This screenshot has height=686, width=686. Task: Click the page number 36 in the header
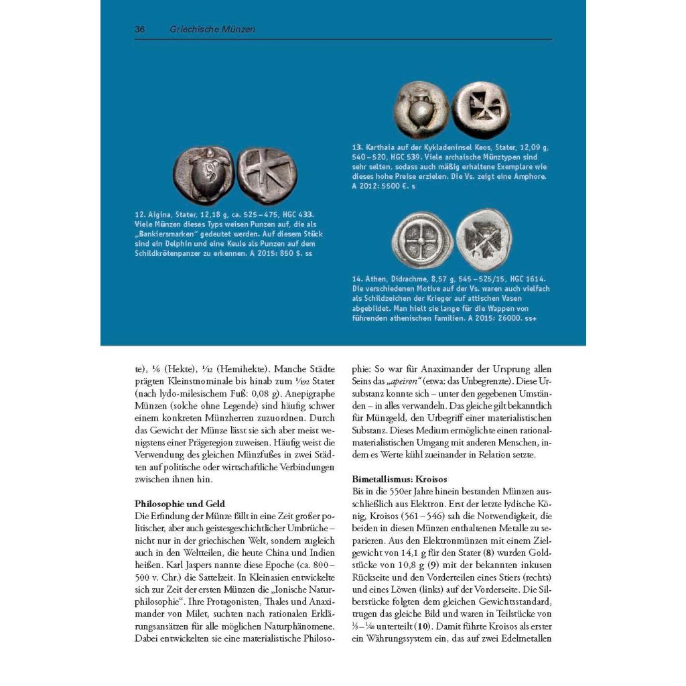tap(140, 29)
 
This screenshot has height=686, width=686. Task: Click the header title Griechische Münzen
tap(212, 29)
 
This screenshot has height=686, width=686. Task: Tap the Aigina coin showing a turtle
tap(203, 176)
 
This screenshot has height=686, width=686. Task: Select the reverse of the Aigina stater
tap(267, 176)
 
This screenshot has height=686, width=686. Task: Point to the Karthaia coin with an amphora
tap(420, 109)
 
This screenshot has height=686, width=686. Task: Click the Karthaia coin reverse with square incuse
tap(482, 109)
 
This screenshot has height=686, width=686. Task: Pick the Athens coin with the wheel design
tap(421, 239)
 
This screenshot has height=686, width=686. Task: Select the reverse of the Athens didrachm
tap(484, 239)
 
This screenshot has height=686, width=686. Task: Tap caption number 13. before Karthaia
tap(358, 147)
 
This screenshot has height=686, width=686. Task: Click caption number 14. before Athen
tap(358, 278)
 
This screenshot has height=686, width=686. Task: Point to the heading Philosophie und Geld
tap(180, 503)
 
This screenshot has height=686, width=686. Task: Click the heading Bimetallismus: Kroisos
tap(399, 480)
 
